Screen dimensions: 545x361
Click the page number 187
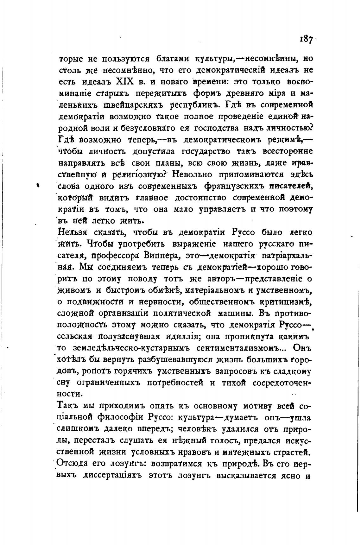[x=306, y=40]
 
